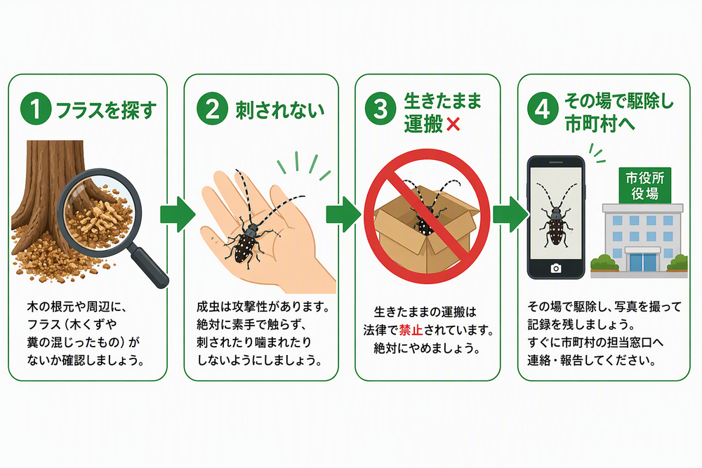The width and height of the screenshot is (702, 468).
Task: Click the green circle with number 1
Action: (x=35, y=109)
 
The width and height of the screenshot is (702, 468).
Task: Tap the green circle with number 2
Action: (x=212, y=109)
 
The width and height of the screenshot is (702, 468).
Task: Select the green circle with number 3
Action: (x=380, y=109)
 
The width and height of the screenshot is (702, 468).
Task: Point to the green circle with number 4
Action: (x=543, y=109)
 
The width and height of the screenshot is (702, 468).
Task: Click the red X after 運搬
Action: (x=453, y=124)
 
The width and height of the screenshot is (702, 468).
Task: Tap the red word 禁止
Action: (x=411, y=330)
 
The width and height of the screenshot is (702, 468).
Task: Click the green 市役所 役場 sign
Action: (x=644, y=185)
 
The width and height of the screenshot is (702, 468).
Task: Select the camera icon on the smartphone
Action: (x=555, y=268)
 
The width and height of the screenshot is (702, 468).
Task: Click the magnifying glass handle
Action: (x=150, y=268)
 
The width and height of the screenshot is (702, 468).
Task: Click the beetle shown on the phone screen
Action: (x=555, y=215)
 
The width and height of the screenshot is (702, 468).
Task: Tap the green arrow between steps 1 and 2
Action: (x=178, y=214)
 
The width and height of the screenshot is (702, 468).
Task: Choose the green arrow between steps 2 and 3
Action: (x=343, y=214)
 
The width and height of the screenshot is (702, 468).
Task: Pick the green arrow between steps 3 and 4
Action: (x=510, y=214)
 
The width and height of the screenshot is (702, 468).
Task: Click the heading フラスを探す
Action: (x=106, y=110)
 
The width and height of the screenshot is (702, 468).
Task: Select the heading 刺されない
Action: (x=280, y=110)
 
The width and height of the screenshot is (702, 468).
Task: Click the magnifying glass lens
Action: (x=99, y=212)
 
